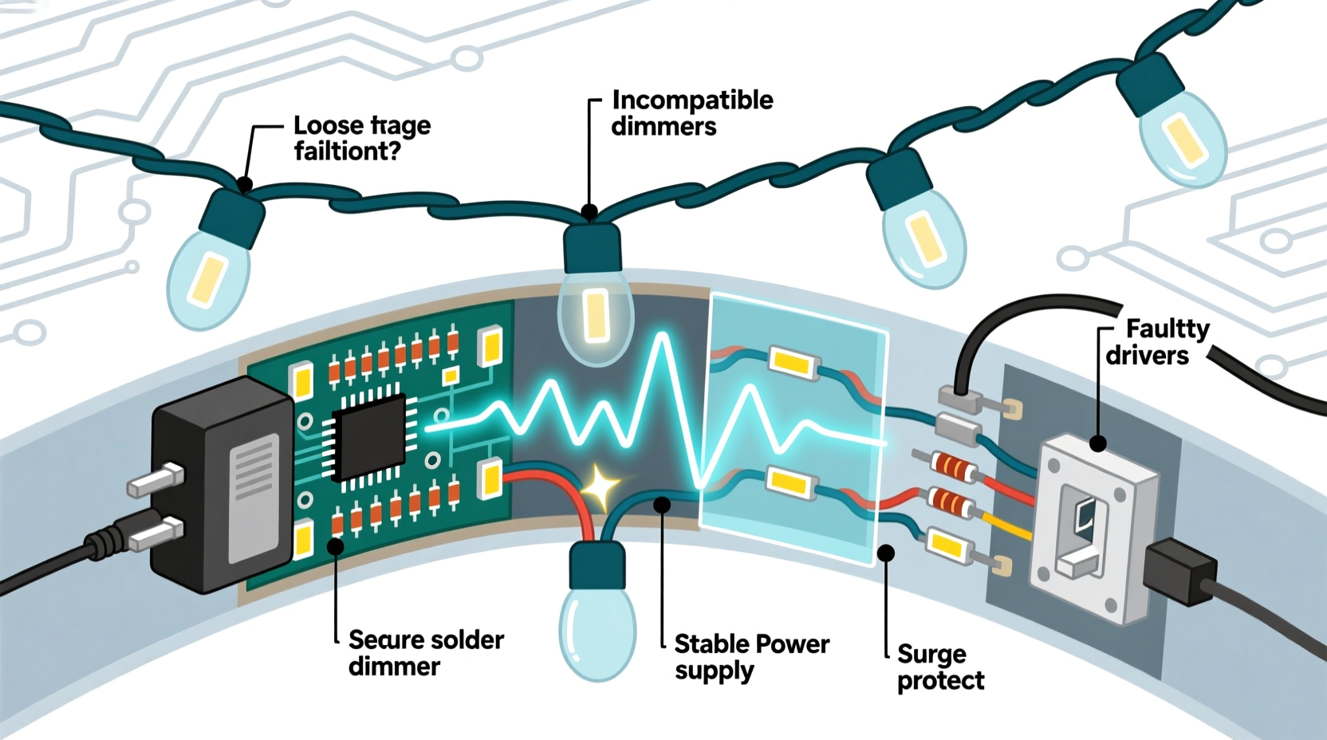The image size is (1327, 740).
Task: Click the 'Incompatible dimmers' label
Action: click(x=691, y=113)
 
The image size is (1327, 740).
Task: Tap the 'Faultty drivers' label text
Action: click(x=1156, y=341)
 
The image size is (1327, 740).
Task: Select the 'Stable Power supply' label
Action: click(x=751, y=656)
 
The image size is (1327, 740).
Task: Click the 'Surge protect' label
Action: click(x=939, y=667)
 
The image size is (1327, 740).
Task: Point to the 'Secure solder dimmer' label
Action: click(x=426, y=652)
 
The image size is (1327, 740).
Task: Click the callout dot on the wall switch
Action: click(x=1098, y=443)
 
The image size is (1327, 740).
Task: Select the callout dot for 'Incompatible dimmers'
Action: click(x=589, y=212)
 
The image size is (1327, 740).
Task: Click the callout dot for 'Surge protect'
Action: click(x=885, y=552)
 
